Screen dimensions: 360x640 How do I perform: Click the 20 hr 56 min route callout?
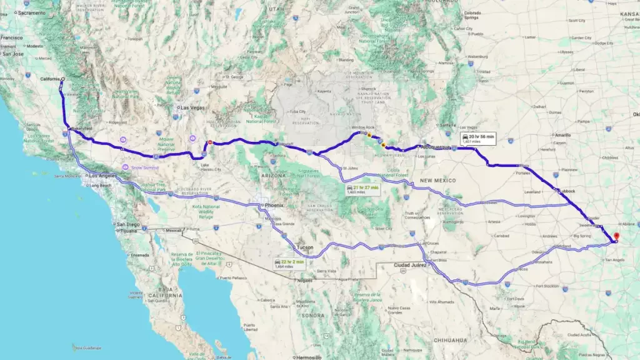[477, 138]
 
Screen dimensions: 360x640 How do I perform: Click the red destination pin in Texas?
[617, 237]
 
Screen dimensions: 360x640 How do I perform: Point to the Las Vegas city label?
[192, 107]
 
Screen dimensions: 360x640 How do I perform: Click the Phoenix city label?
[274, 205]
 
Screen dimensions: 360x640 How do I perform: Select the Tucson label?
[304, 247]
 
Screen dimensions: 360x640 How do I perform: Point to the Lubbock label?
[566, 191]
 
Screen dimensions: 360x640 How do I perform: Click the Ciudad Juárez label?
[409, 265]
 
